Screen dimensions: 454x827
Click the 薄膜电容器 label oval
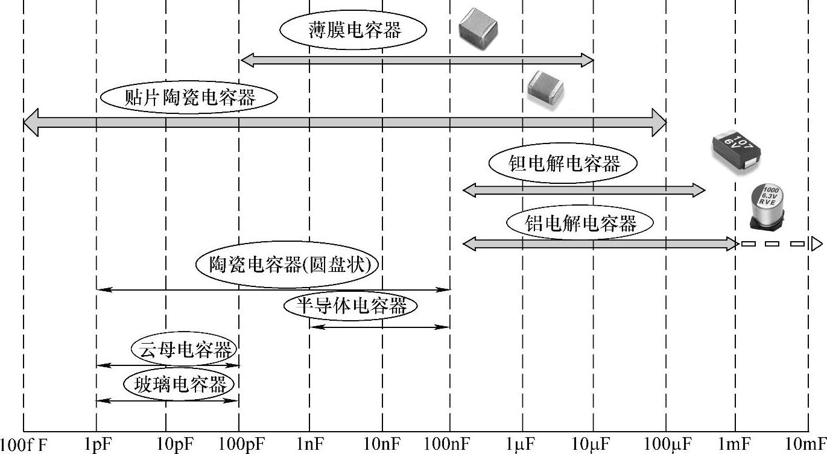pyautogui.click(x=353, y=30)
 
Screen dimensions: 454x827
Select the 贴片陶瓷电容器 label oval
pyautogui.click(x=189, y=98)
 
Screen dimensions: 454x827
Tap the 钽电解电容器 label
pyautogui.click(x=563, y=163)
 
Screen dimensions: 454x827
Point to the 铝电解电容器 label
pyautogui.click(x=580, y=224)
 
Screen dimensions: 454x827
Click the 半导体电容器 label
pyautogui.click(x=350, y=306)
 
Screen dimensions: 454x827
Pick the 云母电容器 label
pyautogui.click(x=184, y=349)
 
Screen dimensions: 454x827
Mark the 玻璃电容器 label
pyautogui.click(x=180, y=384)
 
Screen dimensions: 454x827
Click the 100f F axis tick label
pyautogui.click(x=25, y=445)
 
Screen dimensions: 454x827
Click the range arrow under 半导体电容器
pyautogui.click(x=379, y=327)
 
